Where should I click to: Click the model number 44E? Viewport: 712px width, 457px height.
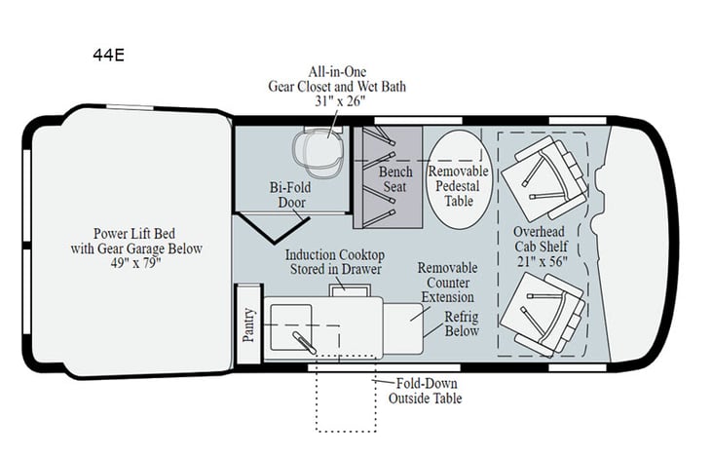click(x=101, y=56)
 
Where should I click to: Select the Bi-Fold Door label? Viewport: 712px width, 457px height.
click(x=290, y=195)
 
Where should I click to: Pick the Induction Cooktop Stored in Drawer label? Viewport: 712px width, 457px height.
click(x=333, y=261)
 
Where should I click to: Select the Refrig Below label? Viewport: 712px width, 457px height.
click(x=462, y=324)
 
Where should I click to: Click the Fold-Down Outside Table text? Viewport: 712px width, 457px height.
click(x=425, y=391)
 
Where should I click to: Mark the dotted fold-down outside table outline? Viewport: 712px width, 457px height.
click(x=345, y=400)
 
